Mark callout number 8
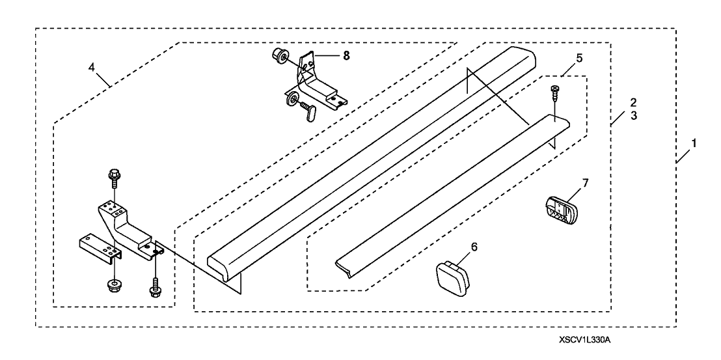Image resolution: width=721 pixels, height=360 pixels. tap(346, 56)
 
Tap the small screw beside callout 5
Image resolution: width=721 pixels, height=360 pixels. tap(554, 91)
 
